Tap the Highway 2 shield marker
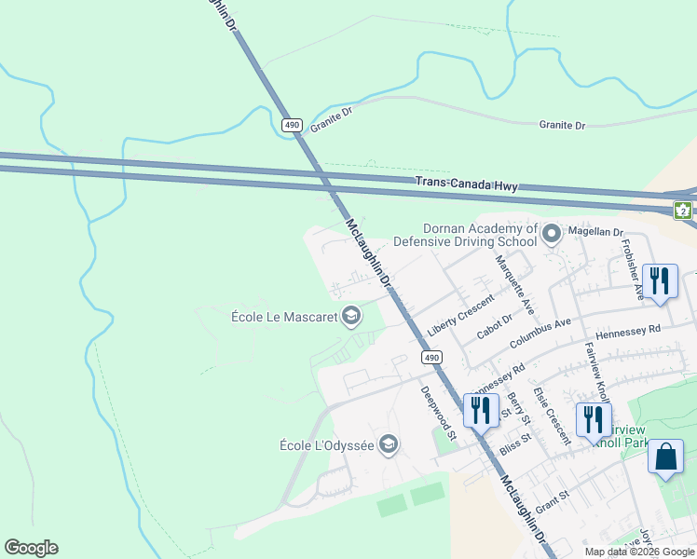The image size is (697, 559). [x=685, y=210]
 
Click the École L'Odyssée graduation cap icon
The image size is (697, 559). [x=389, y=445]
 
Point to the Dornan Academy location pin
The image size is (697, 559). [x=552, y=234]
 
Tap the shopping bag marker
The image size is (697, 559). [x=665, y=457]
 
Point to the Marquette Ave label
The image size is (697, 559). [x=514, y=283]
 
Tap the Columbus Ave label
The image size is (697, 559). [x=540, y=334]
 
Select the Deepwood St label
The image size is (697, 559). [x=436, y=414]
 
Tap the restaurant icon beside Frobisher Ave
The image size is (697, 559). [x=660, y=281]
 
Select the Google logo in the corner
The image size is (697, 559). [x=31, y=548]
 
